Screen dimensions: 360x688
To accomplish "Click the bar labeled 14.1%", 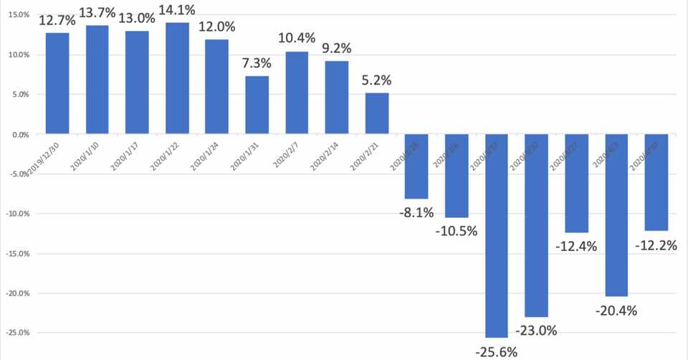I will click(177, 78).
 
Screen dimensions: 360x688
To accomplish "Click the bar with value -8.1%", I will click(416, 166).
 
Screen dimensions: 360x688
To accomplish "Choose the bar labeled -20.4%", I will click(616, 215).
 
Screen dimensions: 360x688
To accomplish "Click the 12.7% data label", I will click(57, 22).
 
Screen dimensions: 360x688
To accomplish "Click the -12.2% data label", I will click(656, 245).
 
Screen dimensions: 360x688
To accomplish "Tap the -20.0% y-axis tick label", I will click(15, 293).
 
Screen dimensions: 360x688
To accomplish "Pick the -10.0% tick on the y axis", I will click(15, 214).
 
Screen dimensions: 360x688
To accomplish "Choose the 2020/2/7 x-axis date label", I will click(285, 153).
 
